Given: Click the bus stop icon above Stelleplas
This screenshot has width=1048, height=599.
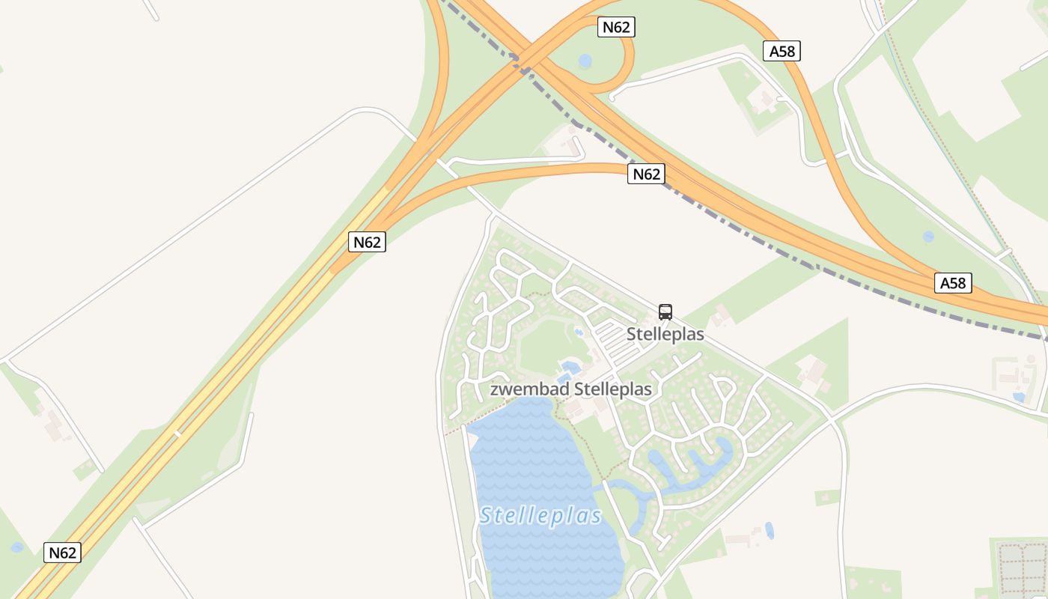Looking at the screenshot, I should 665,312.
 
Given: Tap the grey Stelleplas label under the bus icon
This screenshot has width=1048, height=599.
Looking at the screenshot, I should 665,334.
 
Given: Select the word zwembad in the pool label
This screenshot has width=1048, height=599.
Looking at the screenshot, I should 529,389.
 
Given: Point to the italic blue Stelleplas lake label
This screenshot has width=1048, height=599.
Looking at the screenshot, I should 541,516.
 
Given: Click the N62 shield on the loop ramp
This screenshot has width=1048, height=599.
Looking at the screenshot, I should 617,28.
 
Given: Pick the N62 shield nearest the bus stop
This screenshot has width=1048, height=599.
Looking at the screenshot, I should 647,174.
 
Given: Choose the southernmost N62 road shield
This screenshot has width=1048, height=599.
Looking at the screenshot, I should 62,553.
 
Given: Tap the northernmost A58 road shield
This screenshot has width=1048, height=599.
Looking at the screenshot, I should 782,51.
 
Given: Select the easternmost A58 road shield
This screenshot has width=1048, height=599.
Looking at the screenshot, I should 954,283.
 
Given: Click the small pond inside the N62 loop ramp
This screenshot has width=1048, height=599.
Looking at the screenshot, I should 585,61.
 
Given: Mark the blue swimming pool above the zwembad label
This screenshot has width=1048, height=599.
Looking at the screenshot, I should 570,368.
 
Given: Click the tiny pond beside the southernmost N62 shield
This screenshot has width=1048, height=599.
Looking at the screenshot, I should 17,547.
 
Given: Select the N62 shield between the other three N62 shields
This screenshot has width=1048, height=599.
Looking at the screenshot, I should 367,243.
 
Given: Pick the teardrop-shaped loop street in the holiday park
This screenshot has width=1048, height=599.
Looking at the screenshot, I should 723,387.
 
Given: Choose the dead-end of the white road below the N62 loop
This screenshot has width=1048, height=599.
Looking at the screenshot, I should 612,97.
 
